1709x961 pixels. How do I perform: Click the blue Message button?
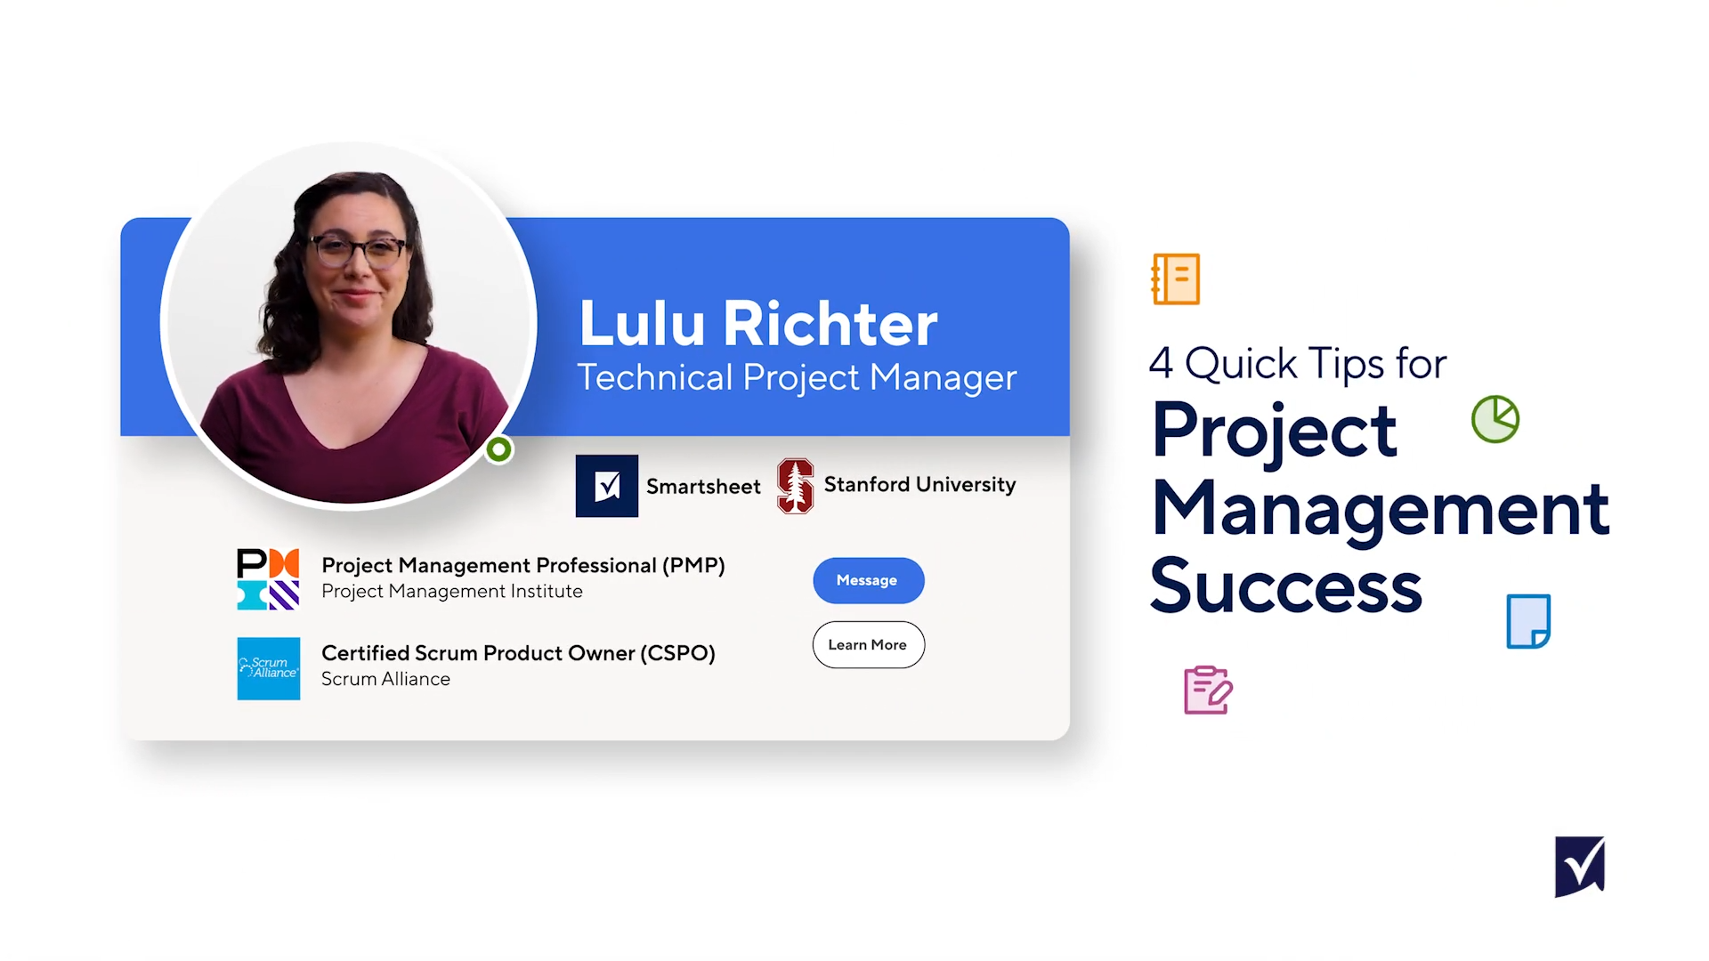[x=868, y=580]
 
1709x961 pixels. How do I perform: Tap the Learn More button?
[x=868, y=644]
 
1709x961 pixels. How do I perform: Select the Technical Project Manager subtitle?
[x=797, y=378]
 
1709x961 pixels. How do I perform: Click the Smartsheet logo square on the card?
[x=607, y=486]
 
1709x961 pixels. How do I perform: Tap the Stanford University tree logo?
[x=795, y=486]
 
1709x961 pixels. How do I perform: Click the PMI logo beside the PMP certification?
[x=268, y=579]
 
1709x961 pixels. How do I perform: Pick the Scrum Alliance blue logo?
[x=268, y=668]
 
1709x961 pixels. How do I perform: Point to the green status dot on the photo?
[x=499, y=449]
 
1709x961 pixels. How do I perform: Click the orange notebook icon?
[x=1176, y=279]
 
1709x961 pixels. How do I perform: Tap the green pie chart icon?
[x=1495, y=419]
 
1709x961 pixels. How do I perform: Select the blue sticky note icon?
[x=1528, y=621]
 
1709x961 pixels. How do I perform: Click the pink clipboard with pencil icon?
[x=1208, y=690]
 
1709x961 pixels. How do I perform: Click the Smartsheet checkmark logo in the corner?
[x=1580, y=867]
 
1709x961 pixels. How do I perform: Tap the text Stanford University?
[x=919, y=485]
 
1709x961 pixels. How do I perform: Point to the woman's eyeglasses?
[x=357, y=251]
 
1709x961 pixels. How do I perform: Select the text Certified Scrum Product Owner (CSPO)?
[x=518, y=653]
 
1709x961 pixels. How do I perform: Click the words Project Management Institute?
[x=452, y=592]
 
